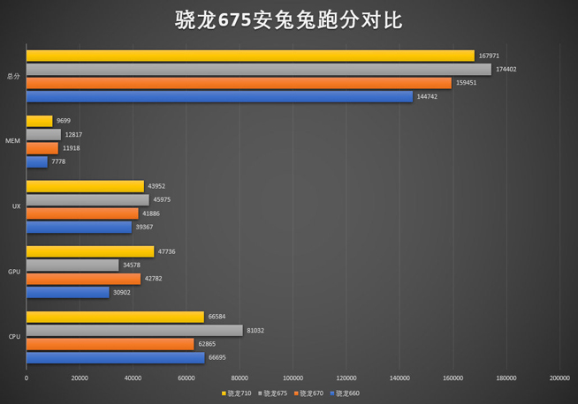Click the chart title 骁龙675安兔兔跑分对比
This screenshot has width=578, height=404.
pyautogui.click(x=289, y=20)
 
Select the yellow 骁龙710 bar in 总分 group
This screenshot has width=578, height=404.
pyautogui.click(x=250, y=56)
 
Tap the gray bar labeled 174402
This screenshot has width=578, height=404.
pyautogui.click(x=259, y=69)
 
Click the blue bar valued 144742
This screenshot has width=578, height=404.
pyautogui.click(x=219, y=96)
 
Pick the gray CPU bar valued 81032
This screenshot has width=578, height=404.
pyautogui.click(x=134, y=330)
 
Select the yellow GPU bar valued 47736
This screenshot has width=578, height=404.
pyautogui.click(x=90, y=251)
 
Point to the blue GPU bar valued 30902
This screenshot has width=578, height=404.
pyautogui.click(x=68, y=292)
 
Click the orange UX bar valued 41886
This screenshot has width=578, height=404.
pyautogui.click(x=82, y=213)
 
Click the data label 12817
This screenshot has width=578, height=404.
pyautogui.click(x=73, y=135)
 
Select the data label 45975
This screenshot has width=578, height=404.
pyautogui.click(x=162, y=200)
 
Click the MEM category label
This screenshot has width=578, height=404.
pyautogui.click(x=13, y=141)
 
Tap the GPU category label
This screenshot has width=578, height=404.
pyautogui.click(x=14, y=272)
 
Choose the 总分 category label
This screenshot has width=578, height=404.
pyautogui.click(x=12, y=76)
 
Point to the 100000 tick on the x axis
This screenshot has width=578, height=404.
pyautogui.click(x=293, y=378)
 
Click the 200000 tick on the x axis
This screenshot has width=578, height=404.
pyautogui.click(x=559, y=378)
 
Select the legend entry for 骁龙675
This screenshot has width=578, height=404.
pyautogui.click(x=274, y=393)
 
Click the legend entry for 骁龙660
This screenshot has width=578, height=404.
pyautogui.click(x=346, y=393)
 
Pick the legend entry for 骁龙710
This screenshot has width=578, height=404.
pyautogui.click(x=238, y=393)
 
